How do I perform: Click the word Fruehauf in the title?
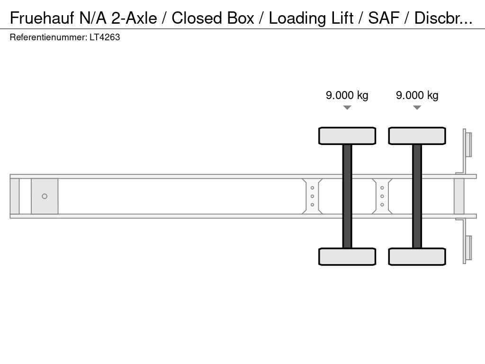[42, 18]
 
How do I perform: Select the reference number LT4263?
[105, 37]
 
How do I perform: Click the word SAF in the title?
[384, 18]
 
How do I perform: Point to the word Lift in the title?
[342, 18]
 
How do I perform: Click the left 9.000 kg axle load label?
[347, 95]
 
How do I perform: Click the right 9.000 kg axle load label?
[417, 95]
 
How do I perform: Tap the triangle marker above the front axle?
[347, 108]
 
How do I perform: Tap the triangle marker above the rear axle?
[417, 108]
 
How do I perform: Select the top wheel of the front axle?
[347, 136]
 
